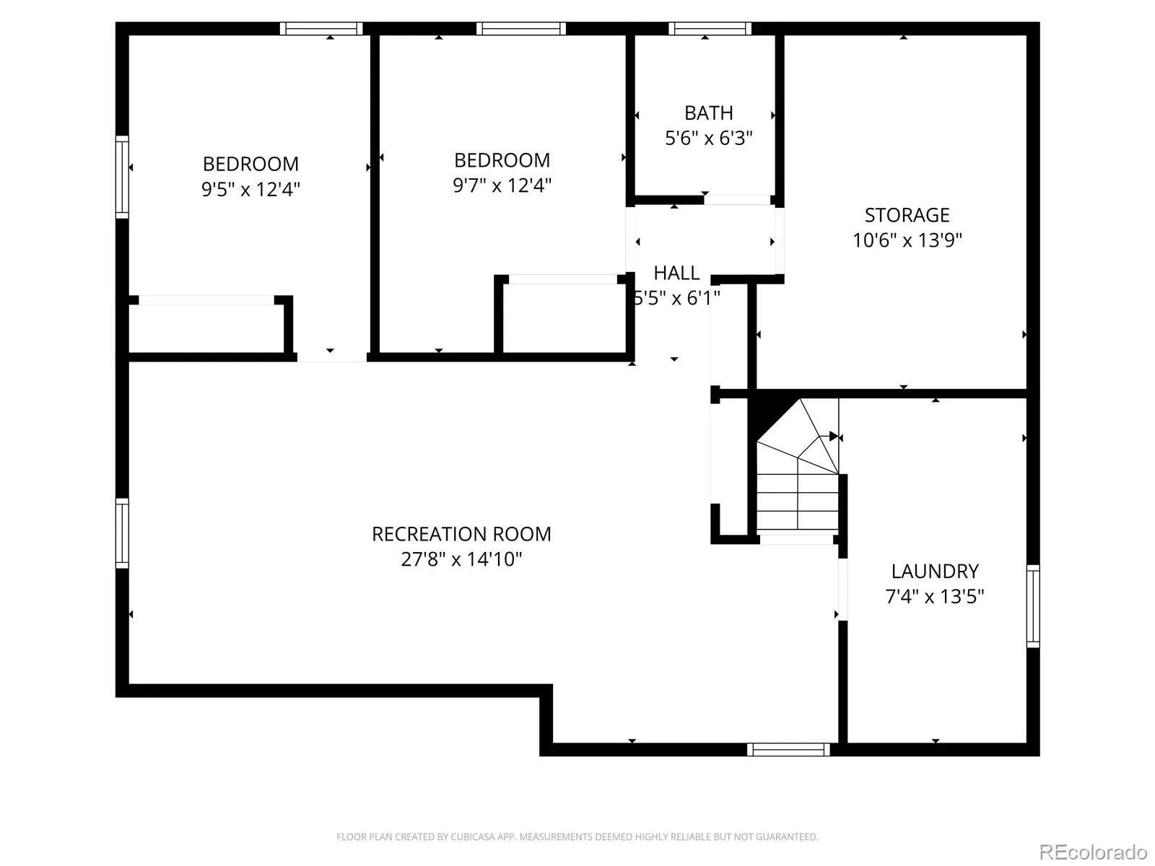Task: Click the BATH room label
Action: coord(708,113)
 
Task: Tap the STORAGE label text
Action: coord(907,215)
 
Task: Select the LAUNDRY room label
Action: coord(935,571)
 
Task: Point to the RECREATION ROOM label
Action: coord(461,534)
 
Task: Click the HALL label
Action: coord(676,273)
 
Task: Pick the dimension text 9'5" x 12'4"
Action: coord(250,189)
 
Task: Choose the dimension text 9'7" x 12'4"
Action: coord(502,185)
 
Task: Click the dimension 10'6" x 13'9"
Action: coord(907,240)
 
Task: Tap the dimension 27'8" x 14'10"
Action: coord(461,559)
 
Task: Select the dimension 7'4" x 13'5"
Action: coord(935,596)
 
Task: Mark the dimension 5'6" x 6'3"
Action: coord(708,139)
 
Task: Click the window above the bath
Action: coord(710,28)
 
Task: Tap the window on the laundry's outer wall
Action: coord(1033,606)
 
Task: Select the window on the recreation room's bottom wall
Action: coord(788,749)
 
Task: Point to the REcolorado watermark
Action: coord(1093,852)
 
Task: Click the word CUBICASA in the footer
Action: coord(469,836)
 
